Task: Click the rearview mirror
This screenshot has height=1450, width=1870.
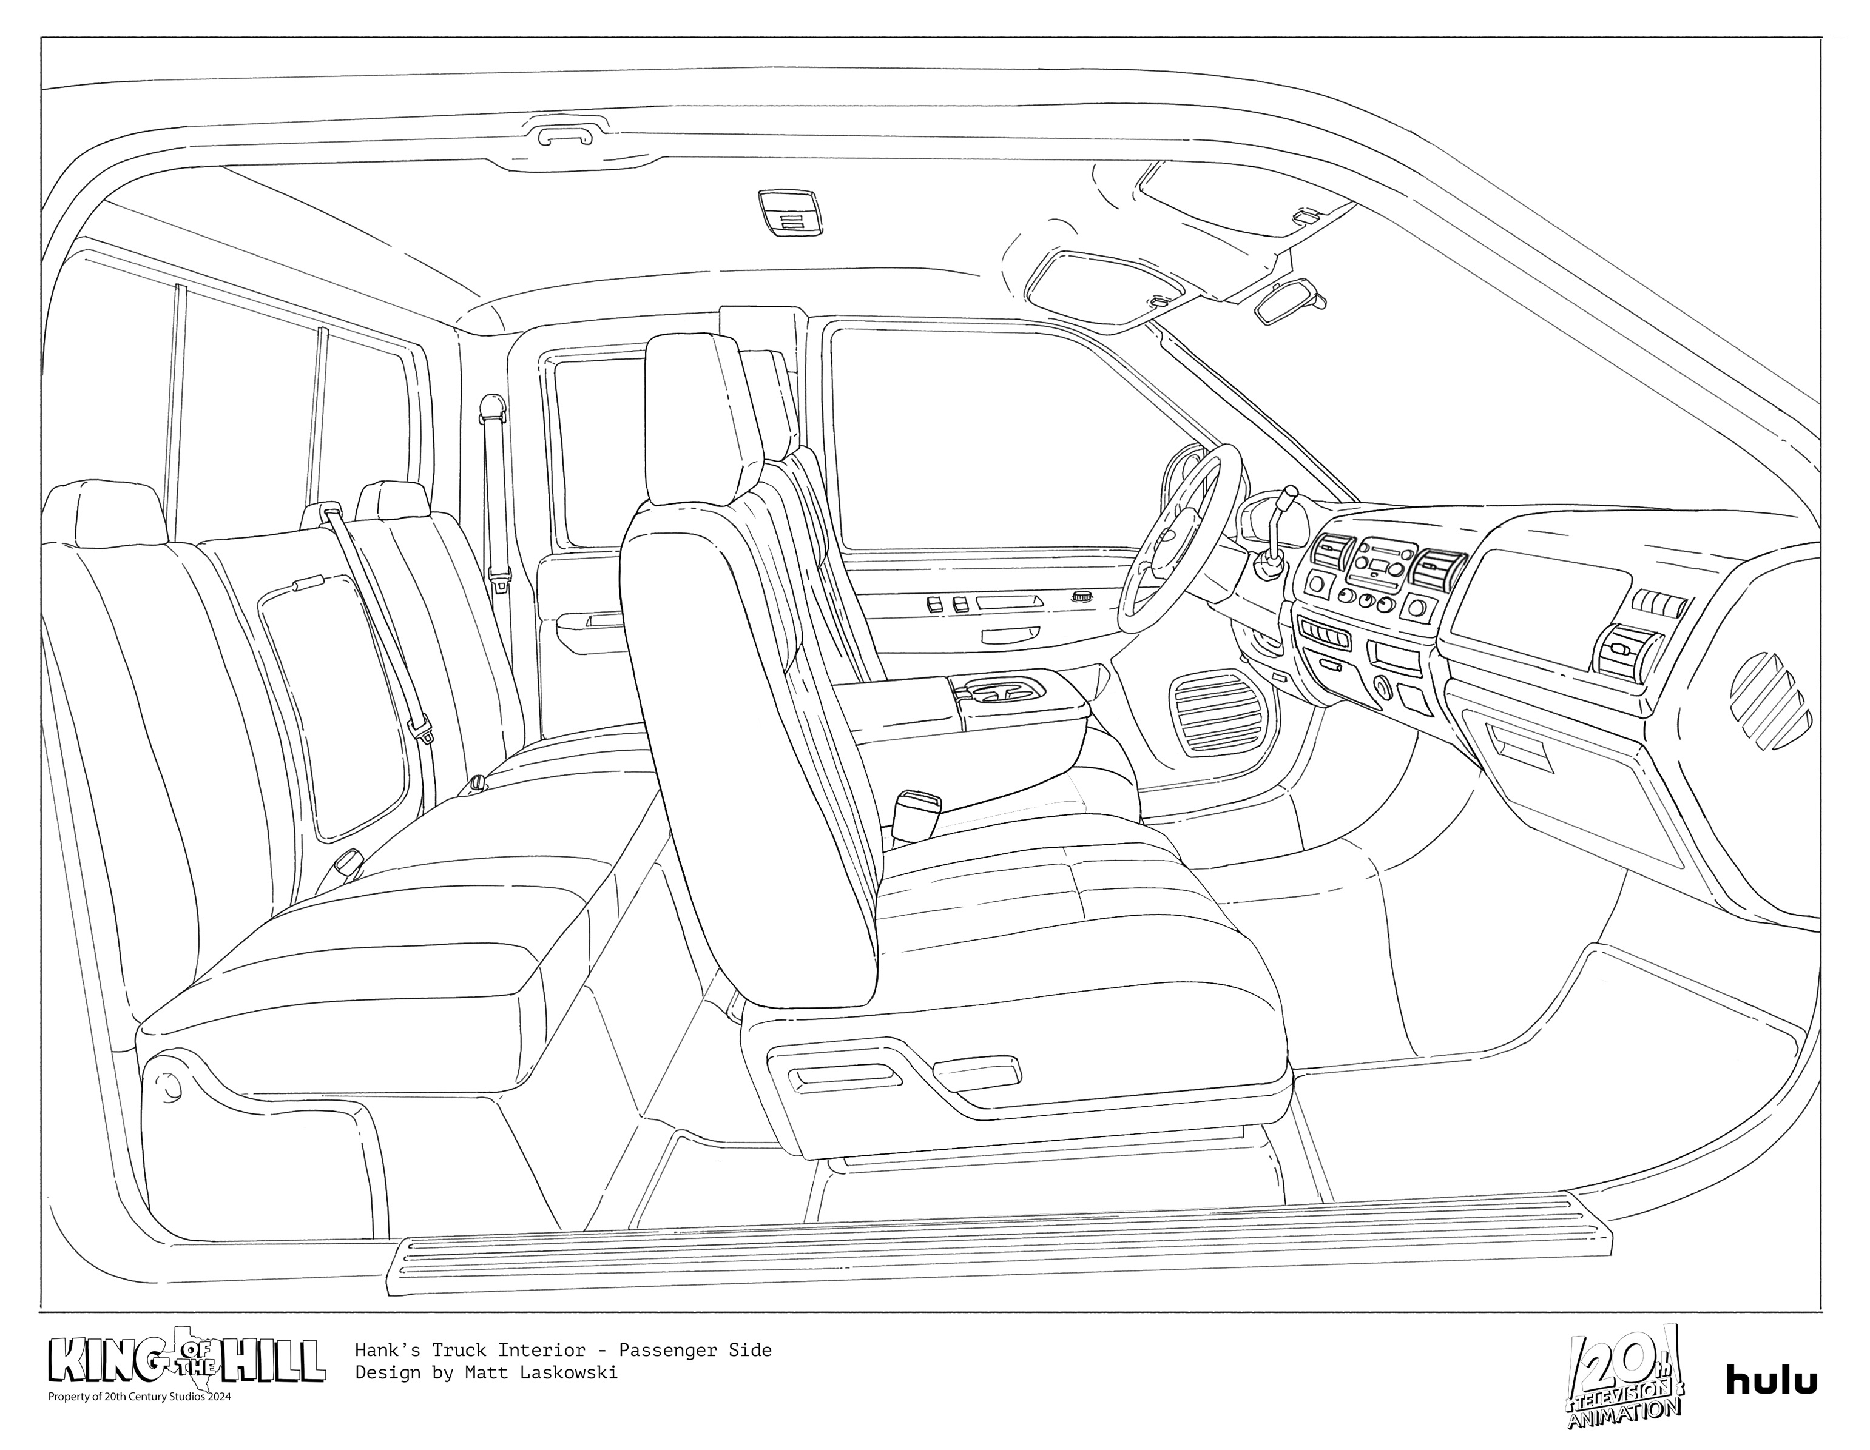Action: pyautogui.click(x=1289, y=301)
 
